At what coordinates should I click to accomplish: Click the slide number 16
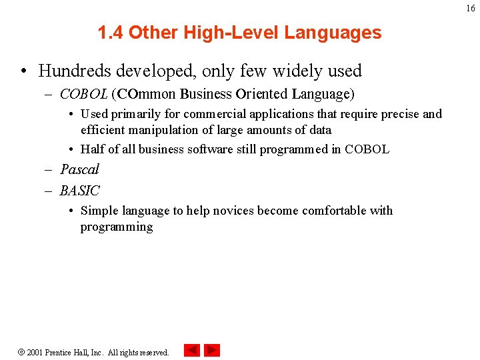coord(471,8)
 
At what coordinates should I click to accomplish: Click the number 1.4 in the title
coord(111,33)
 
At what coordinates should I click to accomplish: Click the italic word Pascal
coord(79,169)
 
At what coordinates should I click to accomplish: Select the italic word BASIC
coord(79,191)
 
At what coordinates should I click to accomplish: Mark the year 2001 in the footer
coord(35,352)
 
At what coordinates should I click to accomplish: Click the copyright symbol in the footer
coord(21,352)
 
